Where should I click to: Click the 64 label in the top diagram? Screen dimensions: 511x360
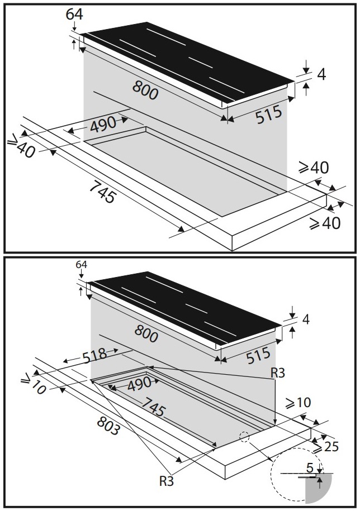point(74,15)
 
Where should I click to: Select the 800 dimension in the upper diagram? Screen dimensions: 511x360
point(145,90)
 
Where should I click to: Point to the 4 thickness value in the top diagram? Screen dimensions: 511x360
point(321,74)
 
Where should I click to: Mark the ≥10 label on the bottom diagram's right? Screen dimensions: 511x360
point(298,403)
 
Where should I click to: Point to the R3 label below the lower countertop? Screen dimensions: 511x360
point(166,479)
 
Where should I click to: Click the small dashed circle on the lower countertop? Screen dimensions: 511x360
point(243,437)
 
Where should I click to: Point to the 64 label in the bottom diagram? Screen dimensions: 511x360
point(82,264)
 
